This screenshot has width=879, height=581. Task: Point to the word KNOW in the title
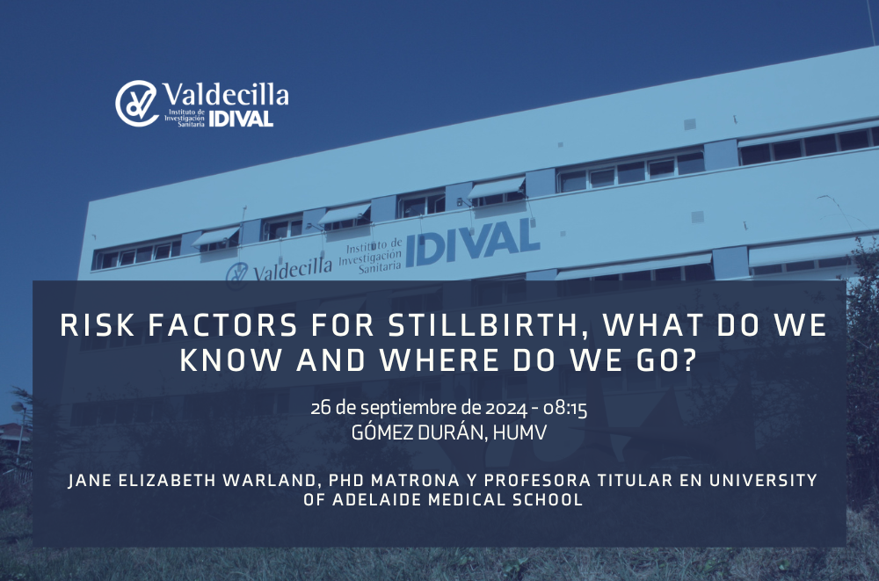(x=231, y=360)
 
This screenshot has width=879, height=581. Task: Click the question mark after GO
(x=688, y=360)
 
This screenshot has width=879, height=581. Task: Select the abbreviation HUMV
(x=519, y=433)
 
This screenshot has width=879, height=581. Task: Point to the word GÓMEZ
(x=383, y=432)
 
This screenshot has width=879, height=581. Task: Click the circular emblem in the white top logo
(x=136, y=104)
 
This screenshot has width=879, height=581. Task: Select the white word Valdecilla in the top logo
(x=226, y=94)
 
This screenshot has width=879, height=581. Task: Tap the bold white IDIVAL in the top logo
(x=241, y=119)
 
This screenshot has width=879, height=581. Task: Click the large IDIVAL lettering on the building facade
(x=472, y=243)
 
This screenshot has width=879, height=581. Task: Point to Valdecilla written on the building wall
(x=292, y=269)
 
